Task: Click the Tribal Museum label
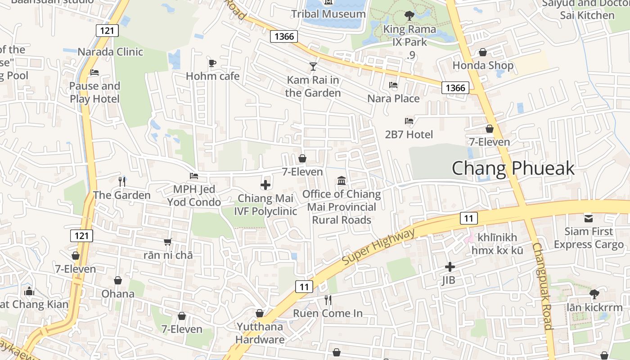[328, 14]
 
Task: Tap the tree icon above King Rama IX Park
[409, 16]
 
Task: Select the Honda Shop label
[483, 66]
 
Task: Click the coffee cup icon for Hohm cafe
[212, 63]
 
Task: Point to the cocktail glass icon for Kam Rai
[313, 67]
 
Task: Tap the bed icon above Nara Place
[393, 85]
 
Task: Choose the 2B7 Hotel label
[409, 134]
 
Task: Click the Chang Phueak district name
[513, 168]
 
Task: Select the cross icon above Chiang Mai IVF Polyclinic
[265, 184]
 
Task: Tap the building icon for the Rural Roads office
[342, 181]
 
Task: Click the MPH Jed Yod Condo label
[194, 195]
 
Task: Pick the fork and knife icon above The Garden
[121, 181]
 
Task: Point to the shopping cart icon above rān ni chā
[168, 242]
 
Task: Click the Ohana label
[118, 294]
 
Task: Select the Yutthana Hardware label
[260, 333]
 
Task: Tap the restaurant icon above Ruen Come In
[328, 300]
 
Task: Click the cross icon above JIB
[450, 267]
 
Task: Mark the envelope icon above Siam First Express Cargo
[589, 218]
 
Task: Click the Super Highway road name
[378, 246]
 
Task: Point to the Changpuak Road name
[542, 287]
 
